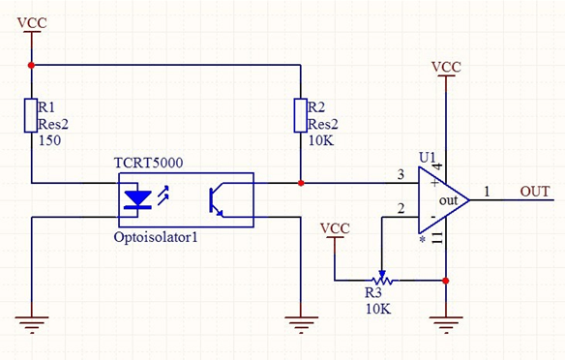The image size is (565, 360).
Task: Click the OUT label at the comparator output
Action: (535, 191)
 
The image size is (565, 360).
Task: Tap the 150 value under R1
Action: (48, 141)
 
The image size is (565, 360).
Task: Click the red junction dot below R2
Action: (301, 181)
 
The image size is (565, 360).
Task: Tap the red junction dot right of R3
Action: (446, 281)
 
